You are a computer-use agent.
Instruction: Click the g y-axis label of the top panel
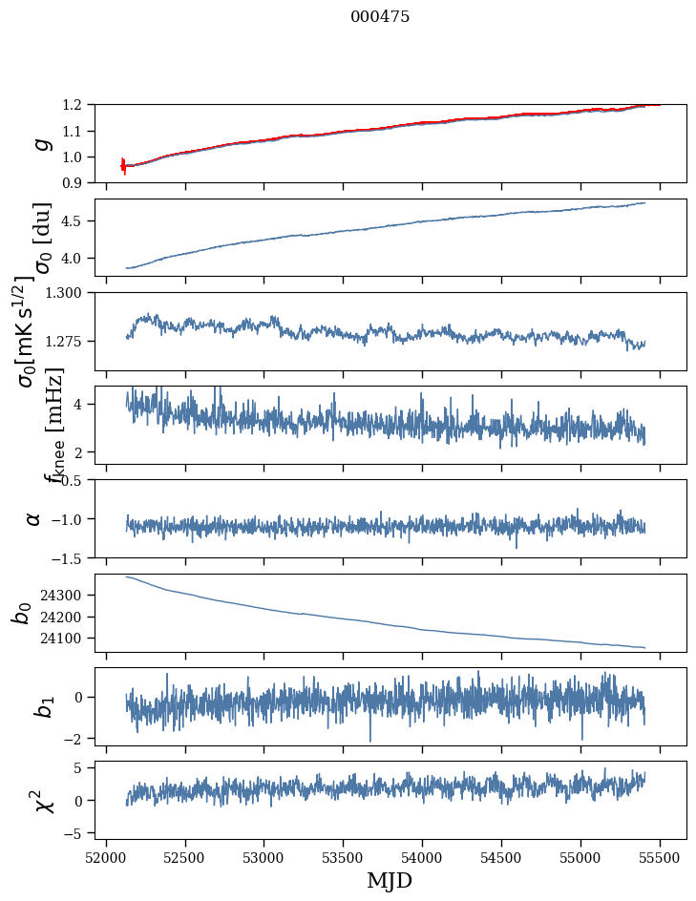point(40,143)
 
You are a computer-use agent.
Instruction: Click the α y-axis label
point(34,518)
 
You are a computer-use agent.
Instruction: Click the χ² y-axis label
point(40,800)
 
